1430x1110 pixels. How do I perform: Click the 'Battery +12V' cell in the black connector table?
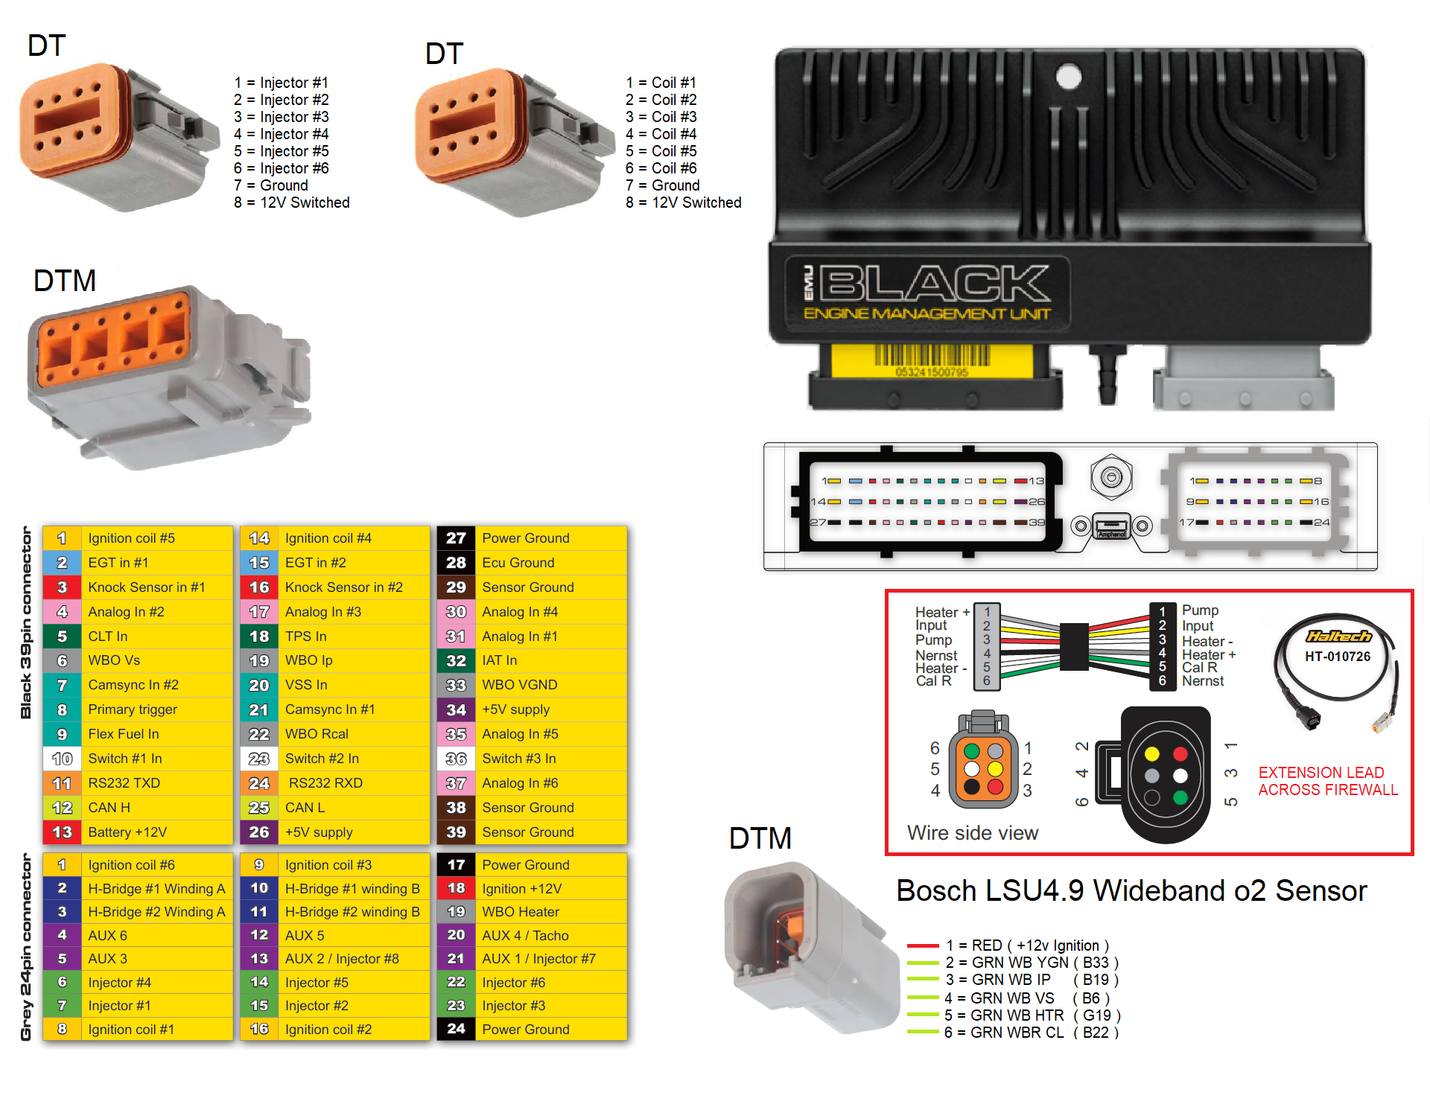tap(127, 832)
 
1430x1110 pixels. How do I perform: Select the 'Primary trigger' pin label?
tap(133, 709)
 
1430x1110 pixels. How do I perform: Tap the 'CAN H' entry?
tap(109, 808)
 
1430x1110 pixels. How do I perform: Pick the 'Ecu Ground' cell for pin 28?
tap(518, 563)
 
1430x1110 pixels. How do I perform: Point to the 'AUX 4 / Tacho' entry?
tap(525, 936)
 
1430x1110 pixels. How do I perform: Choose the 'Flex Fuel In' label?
tap(124, 734)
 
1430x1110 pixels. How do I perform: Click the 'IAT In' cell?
tap(499, 660)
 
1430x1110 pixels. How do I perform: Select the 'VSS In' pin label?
tap(306, 685)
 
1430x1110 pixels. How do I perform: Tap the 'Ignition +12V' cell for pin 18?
tap(521, 889)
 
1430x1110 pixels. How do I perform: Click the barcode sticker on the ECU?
tap(931, 360)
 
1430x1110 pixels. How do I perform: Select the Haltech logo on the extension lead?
tap(1338, 637)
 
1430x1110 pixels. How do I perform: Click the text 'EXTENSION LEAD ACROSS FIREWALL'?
tap(1328, 781)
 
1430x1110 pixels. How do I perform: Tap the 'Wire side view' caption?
tap(973, 833)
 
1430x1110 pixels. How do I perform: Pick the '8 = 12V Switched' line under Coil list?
tap(683, 202)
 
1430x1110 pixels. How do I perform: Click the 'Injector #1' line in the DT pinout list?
tap(281, 83)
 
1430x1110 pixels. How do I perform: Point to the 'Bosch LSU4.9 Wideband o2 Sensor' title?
tap(1131, 891)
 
